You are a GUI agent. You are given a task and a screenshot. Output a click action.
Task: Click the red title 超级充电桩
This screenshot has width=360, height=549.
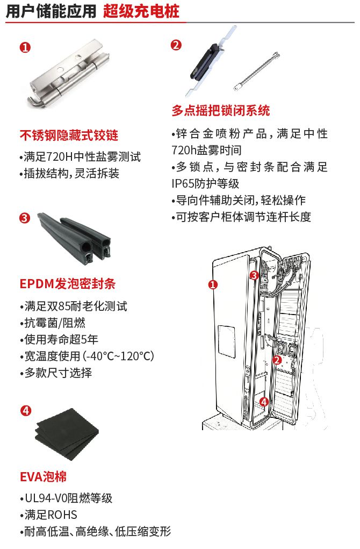pos(141,12)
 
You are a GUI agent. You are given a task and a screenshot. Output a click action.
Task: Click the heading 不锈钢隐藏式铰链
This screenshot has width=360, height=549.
pos(69,135)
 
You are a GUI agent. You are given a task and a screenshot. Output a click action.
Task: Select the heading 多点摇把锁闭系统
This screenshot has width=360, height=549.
pos(220,111)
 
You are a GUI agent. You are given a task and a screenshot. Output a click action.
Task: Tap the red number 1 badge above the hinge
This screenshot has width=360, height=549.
pos(25,47)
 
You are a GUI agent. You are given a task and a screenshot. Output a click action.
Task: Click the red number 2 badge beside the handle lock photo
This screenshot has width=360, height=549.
pos(176,45)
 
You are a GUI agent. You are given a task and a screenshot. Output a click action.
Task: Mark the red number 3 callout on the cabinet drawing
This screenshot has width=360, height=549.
pos(254,275)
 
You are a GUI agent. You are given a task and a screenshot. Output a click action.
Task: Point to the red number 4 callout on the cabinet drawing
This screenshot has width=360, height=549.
pos(263,401)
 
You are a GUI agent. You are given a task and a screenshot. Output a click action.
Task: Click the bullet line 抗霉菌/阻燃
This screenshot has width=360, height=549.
pos(55,323)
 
